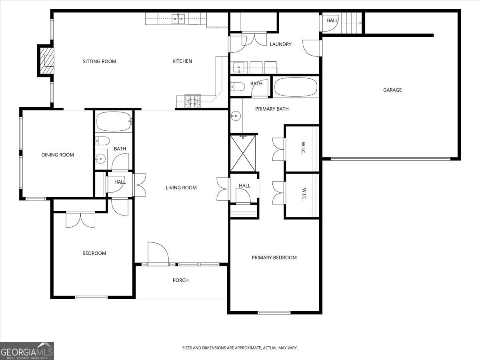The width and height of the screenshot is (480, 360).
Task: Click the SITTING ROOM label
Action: coord(99,61)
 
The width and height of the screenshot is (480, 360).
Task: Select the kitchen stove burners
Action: coord(193,101)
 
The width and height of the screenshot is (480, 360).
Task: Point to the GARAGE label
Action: coord(392,90)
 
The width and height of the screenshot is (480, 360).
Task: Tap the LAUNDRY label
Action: coord(280,44)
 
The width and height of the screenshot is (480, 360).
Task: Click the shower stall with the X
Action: coord(243,154)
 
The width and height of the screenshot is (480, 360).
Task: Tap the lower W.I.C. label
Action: coord(303,195)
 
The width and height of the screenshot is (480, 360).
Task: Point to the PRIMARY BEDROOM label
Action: coord(274,258)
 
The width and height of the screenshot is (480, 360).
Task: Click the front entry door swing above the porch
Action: coord(158,253)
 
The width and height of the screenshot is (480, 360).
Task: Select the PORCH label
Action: coord(180,280)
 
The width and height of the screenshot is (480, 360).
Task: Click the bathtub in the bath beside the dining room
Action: coord(114,122)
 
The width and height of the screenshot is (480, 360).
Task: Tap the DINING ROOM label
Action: coord(58,155)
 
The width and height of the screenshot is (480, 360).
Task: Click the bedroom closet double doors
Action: coord(80,220)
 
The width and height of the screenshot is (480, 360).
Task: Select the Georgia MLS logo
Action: coord(27,351)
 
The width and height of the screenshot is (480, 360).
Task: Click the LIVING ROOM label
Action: coord(181,188)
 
